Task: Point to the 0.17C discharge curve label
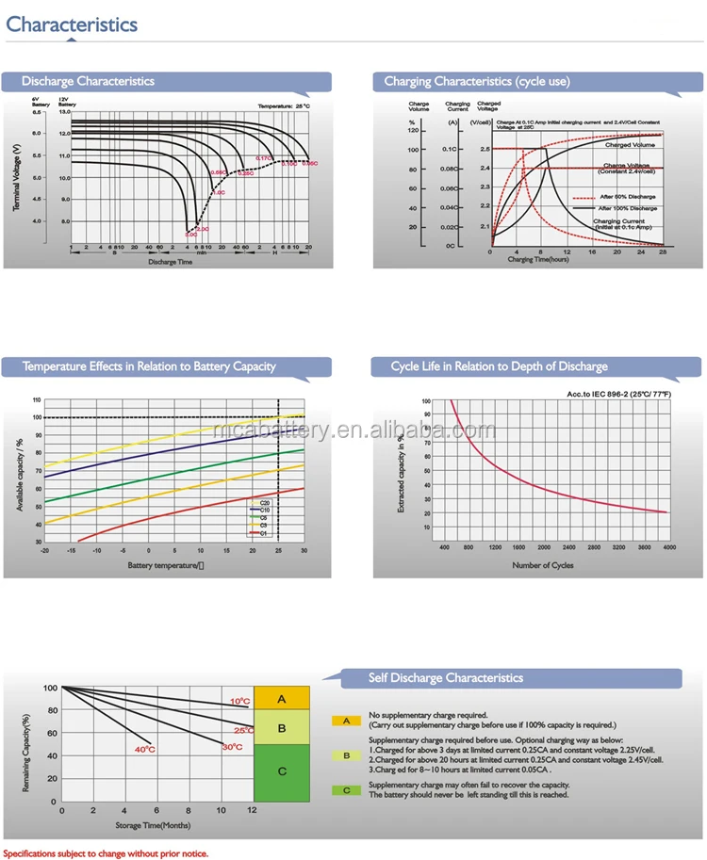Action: pyautogui.click(x=264, y=158)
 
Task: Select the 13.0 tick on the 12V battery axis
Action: pyautogui.click(x=65, y=112)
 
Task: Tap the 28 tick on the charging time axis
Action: pyautogui.click(x=663, y=252)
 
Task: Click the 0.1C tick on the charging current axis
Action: pyautogui.click(x=451, y=149)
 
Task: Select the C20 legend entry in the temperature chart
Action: pyautogui.click(x=266, y=504)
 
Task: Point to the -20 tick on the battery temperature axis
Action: pyautogui.click(x=44, y=550)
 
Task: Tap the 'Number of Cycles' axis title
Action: pyautogui.click(x=542, y=565)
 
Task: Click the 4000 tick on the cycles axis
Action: pyautogui.click(x=669, y=546)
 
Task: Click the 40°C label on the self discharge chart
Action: pyautogui.click(x=144, y=749)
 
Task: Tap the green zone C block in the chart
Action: pyautogui.click(x=282, y=771)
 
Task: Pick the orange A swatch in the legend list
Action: pyautogui.click(x=346, y=721)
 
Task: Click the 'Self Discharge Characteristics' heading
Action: pyautogui.click(x=445, y=677)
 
